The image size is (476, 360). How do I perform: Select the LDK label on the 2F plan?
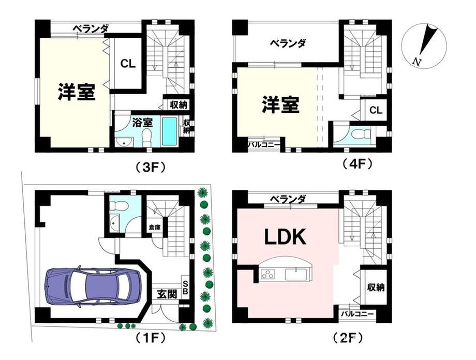pos(285,237)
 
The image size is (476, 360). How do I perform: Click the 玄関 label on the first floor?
pos(167,294)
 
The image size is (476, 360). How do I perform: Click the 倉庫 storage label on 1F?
pos(154,227)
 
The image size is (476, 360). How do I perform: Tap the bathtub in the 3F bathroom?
pos(169,131)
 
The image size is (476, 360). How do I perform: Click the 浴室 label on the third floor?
pos(143,123)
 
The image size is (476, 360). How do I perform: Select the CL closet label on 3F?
pos(128,64)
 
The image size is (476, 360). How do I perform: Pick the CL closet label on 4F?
pos(376,110)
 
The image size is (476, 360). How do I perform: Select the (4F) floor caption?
pos(357,164)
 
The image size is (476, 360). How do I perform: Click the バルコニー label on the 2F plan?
pos(356,314)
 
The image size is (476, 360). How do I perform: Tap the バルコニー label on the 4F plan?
pos(264,144)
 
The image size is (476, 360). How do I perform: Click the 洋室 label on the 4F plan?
pos(281,104)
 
